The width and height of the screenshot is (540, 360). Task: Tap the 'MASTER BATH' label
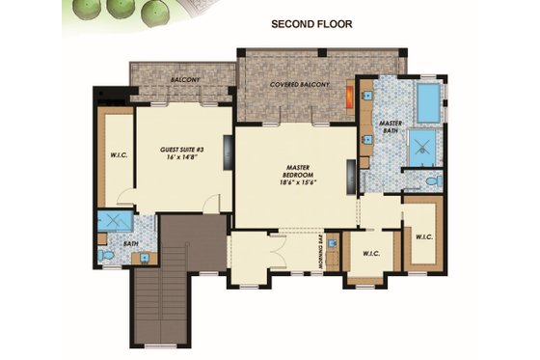pyautogui.click(x=391, y=128)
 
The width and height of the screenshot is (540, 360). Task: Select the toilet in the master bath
pyautogui.click(x=433, y=180)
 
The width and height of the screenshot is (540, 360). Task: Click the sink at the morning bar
pyautogui.click(x=333, y=243)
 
